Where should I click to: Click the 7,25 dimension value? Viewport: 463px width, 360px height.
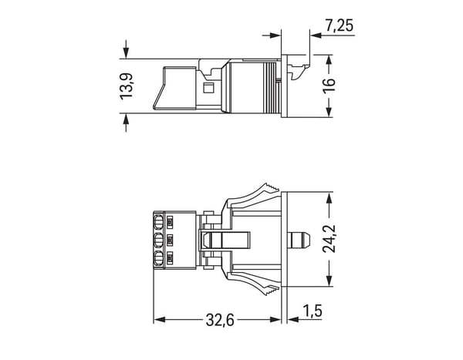point(339,25)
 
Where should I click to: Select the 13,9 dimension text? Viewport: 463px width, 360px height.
point(127,86)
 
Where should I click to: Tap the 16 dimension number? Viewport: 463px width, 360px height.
point(329,86)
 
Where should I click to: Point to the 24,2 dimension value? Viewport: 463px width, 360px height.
point(330,239)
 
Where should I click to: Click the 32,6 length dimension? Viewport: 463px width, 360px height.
point(220,320)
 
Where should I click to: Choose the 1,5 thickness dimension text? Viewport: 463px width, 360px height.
point(313,311)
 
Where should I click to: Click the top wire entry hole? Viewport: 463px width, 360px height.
point(158,222)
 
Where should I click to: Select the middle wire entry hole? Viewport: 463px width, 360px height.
point(158,241)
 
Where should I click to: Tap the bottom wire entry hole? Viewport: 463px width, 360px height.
point(158,258)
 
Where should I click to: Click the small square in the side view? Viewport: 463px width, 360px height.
point(209,88)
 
